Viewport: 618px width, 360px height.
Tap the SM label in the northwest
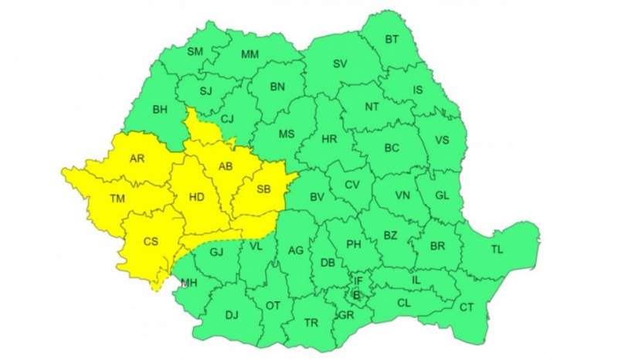[x=195, y=52]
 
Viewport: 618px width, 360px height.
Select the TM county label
[x=117, y=199]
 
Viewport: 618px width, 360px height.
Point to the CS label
[x=151, y=242]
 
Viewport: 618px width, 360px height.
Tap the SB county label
[x=263, y=189]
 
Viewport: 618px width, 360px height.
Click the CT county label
[x=467, y=307]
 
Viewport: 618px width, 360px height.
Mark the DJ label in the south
[x=232, y=314]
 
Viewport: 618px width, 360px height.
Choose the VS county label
[x=442, y=140]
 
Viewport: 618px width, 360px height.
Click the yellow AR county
[x=138, y=159]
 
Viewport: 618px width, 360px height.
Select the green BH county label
[x=160, y=109]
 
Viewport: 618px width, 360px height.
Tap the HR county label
[x=329, y=139]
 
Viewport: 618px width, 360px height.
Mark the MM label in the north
[x=250, y=54]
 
